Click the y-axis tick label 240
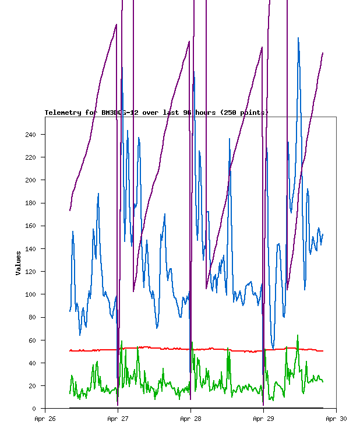coord(30,135)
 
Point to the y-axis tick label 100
coord(30,294)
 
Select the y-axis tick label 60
coord(31,340)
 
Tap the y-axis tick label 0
coord(34,409)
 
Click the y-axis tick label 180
coord(30,203)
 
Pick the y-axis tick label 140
coord(30,249)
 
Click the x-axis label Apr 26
coord(45,418)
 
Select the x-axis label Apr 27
coord(118,418)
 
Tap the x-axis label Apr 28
coord(190,418)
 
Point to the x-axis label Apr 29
coord(263,418)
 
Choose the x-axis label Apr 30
coord(336,418)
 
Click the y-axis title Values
coord(19,263)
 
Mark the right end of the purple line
coord(323,53)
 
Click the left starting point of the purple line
coord(70,210)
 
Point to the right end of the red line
coord(323,351)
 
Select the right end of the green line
coord(323,381)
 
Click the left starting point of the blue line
coord(70,311)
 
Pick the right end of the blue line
coord(323,234)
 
